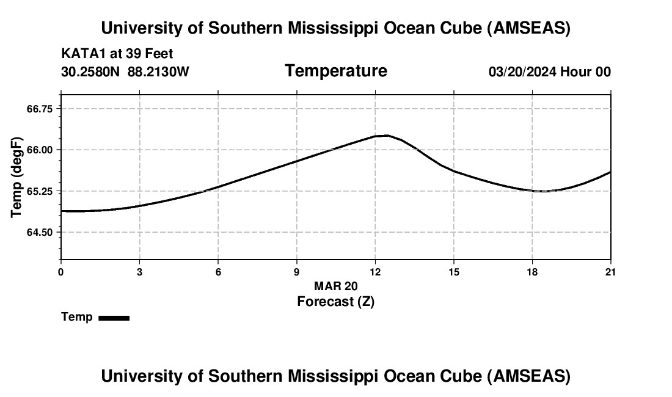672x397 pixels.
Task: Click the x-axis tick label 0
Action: click(x=60, y=272)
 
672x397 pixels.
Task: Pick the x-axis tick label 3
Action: click(x=139, y=272)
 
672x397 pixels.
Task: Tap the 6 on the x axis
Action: click(x=218, y=272)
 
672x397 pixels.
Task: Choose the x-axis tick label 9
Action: click(x=297, y=272)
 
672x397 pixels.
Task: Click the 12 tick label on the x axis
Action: click(x=375, y=272)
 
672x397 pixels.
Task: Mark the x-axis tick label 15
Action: click(x=454, y=272)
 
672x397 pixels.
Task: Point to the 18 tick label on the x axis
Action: click(x=532, y=272)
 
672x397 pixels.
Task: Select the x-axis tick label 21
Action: click(x=610, y=272)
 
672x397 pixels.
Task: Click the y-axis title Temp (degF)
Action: click(x=17, y=177)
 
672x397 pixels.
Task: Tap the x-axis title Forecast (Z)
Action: click(x=335, y=301)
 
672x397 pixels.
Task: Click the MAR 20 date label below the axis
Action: click(x=335, y=286)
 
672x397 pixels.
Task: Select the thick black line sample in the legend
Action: click(x=114, y=318)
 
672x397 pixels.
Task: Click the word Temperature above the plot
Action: click(x=335, y=71)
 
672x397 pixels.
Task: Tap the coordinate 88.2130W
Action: click(x=158, y=71)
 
